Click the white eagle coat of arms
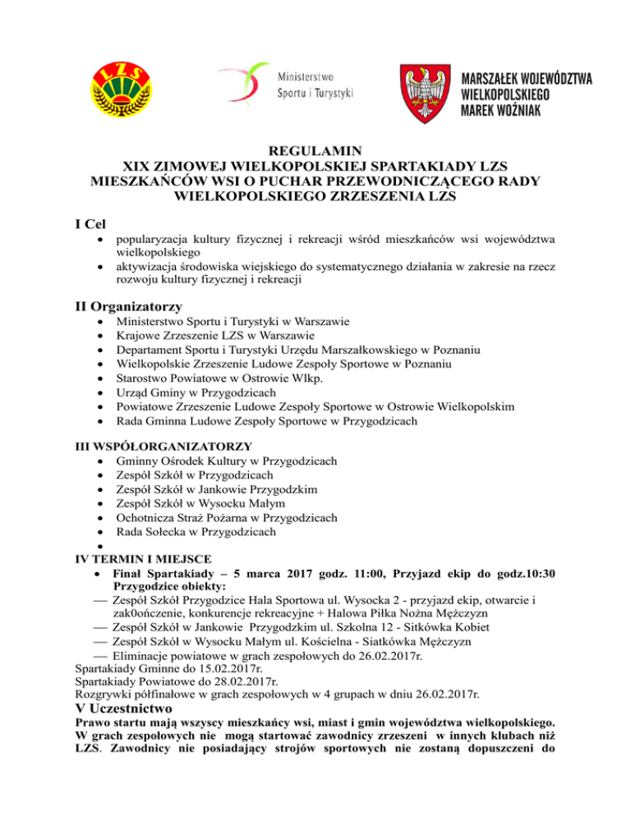point(424,88)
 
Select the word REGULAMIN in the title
point(316,150)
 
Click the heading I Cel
point(88,222)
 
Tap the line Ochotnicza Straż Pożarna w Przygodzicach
point(228,518)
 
